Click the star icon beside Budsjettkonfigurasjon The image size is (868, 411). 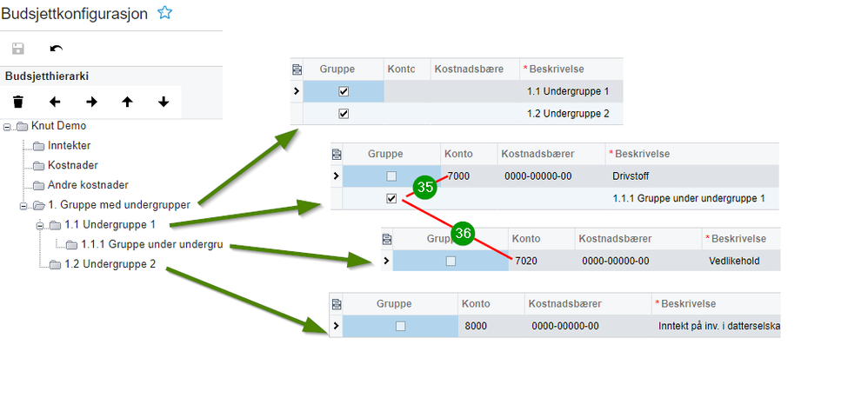164,13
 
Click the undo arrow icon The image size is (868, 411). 57,49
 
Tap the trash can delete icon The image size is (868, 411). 18,102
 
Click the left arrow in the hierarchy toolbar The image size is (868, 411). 55,102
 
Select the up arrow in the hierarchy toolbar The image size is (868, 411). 127,102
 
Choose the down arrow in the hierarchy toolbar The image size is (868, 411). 164,102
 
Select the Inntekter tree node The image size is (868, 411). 69,145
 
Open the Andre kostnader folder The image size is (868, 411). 88,185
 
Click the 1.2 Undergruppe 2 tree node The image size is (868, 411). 110,264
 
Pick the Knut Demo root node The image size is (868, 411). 58,126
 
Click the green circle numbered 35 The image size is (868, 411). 425,187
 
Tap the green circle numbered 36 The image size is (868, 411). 464,233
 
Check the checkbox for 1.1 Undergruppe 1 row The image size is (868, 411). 344,90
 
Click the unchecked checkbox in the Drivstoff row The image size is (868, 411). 391,176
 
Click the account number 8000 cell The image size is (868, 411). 477,326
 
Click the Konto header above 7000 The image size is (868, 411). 458,154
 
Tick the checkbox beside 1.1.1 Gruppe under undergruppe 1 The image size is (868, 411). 391,198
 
